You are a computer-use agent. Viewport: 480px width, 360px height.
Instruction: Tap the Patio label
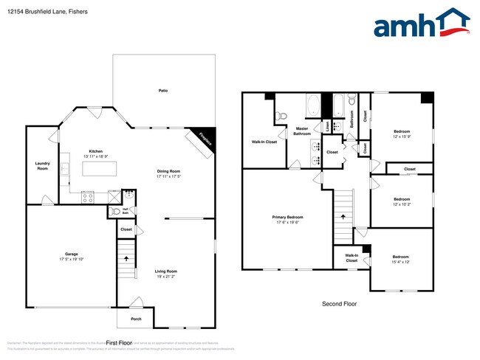coord(162,91)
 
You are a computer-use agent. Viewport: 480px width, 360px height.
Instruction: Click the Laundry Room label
coord(42,166)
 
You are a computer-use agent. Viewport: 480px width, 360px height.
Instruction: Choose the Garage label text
coord(72,255)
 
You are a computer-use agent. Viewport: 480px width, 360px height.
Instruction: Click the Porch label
coord(136,319)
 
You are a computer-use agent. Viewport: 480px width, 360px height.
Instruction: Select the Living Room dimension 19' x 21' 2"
coord(166,277)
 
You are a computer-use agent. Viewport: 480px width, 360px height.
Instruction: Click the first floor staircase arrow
coord(127,259)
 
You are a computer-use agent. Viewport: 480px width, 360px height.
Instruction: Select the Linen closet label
coord(327,125)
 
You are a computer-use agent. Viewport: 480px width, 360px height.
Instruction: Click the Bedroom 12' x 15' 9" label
coord(402,133)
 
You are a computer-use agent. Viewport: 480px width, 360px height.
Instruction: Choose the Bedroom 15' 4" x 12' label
coord(401,259)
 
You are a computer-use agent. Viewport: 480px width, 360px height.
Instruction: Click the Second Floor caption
coord(340,303)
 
